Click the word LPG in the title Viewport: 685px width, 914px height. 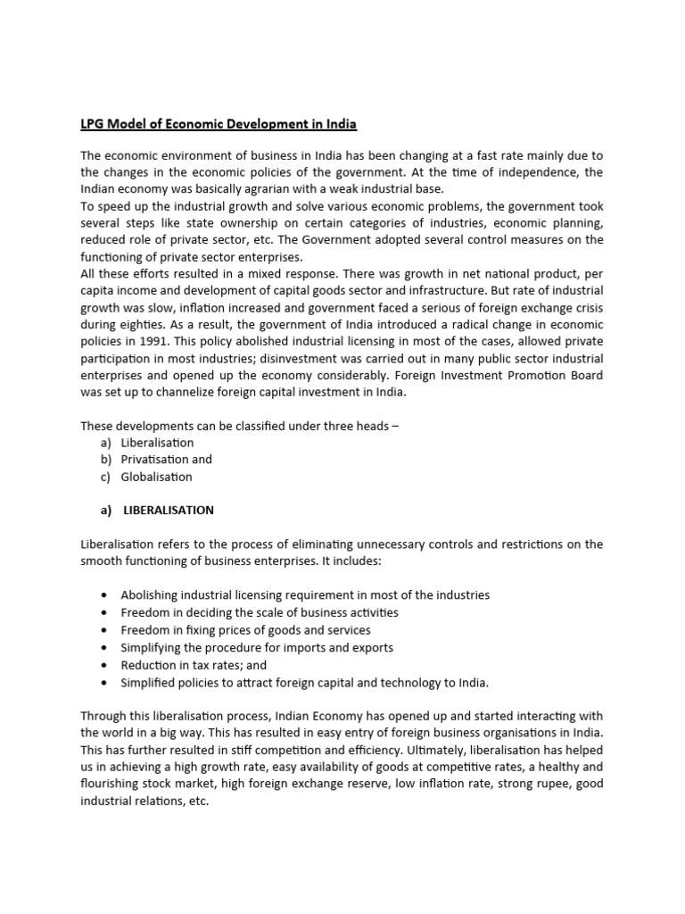(x=93, y=123)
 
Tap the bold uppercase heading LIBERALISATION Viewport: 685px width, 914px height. (x=169, y=511)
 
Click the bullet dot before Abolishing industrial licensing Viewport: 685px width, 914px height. (x=105, y=595)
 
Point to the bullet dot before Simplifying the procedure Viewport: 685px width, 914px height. (x=105, y=648)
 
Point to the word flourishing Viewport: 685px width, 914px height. (x=110, y=785)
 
